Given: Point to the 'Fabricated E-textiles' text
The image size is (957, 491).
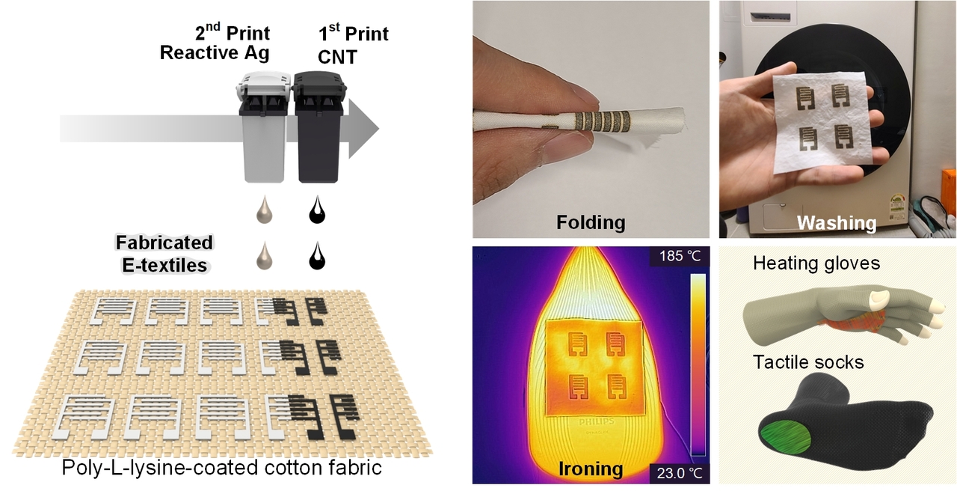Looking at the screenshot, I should (x=164, y=253).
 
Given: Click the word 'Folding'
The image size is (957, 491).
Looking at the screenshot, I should (x=591, y=222).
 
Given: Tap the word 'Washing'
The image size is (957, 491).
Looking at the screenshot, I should (x=836, y=222).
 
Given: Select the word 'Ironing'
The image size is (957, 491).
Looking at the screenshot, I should (x=591, y=469).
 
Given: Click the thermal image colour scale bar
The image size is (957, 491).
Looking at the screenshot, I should (x=697, y=365).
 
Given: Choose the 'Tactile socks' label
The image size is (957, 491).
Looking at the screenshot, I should (x=808, y=363).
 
